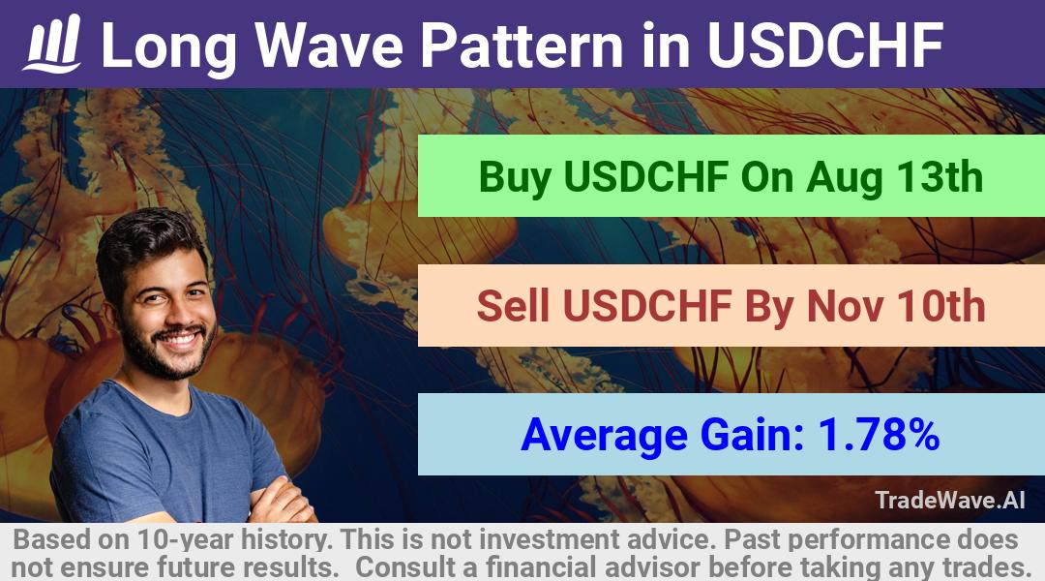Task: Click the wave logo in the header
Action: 52,44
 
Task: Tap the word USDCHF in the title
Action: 825,46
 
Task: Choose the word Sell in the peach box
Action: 513,306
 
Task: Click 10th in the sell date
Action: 941,306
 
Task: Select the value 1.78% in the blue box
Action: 879,434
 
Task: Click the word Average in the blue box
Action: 604,436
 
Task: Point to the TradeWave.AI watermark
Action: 950,500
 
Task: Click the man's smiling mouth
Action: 179,340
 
